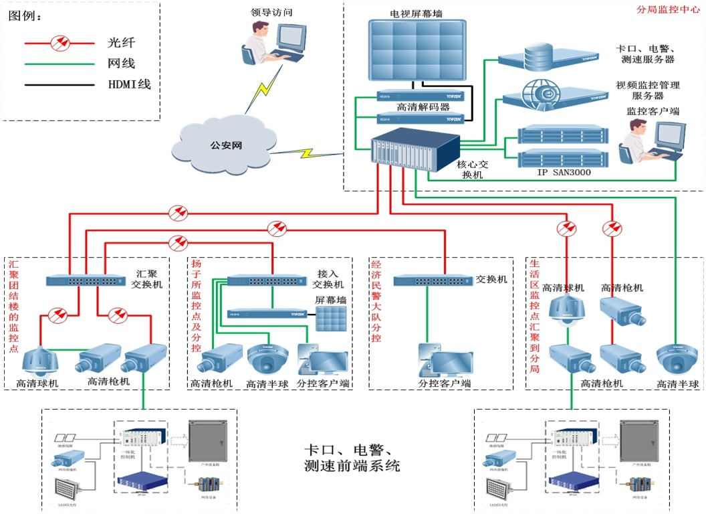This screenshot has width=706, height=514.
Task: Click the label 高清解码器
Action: (423, 107)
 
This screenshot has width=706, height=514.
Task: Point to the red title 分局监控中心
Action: (665, 11)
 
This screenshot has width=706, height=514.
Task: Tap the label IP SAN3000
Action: (564, 172)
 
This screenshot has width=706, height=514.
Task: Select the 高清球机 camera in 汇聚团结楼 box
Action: (41, 362)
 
